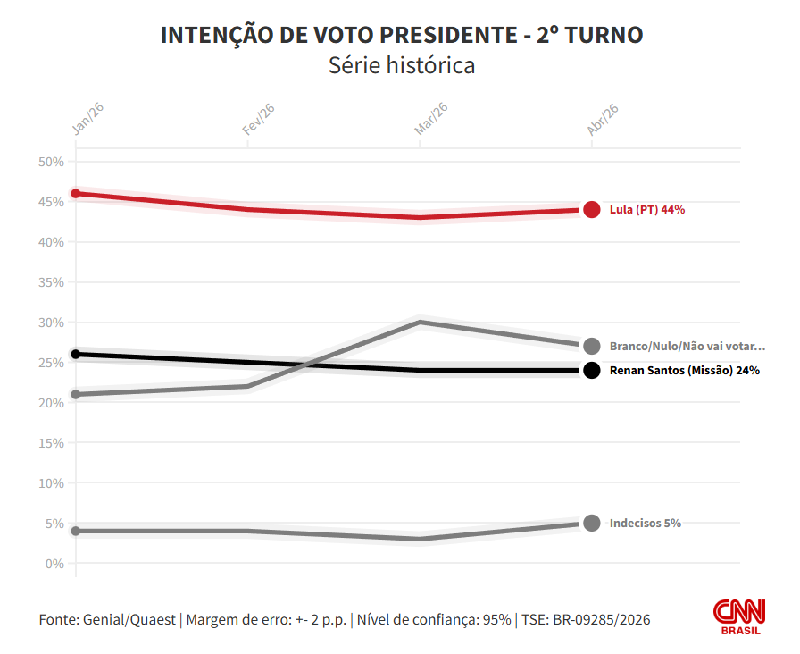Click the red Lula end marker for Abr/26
click(x=591, y=210)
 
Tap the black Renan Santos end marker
click(x=591, y=370)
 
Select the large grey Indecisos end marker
click(x=591, y=523)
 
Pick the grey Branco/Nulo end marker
click(x=591, y=346)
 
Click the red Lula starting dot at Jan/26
click(x=76, y=194)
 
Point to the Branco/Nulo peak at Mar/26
click(x=420, y=322)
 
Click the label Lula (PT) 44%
click(x=646, y=210)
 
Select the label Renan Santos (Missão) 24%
click(x=684, y=370)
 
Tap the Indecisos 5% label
click(x=645, y=523)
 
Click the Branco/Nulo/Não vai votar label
click(x=687, y=347)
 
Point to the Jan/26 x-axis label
click(x=87, y=119)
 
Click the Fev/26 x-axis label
click(x=259, y=119)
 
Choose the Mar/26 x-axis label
click(x=430, y=119)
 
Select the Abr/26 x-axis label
click(x=603, y=119)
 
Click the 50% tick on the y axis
click(x=52, y=162)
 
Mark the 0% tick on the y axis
click(x=54, y=564)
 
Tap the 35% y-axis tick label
click(x=52, y=282)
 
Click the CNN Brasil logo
click(x=739, y=616)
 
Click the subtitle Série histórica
click(x=402, y=65)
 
